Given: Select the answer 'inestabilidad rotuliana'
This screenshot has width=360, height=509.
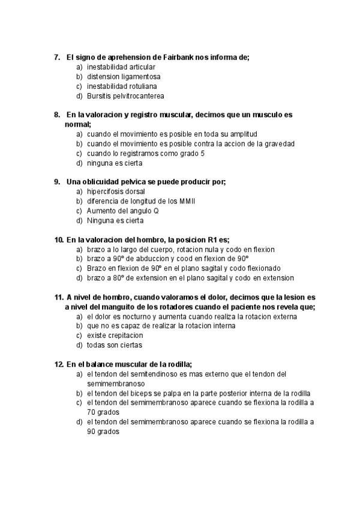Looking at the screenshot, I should [x=122, y=86].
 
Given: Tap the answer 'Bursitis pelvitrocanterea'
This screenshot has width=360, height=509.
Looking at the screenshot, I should [x=125, y=95].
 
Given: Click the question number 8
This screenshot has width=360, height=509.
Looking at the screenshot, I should [x=57, y=114].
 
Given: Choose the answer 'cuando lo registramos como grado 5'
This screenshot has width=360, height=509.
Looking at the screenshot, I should [x=146, y=153].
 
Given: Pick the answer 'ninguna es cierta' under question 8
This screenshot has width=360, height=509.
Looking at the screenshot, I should [x=115, y=163].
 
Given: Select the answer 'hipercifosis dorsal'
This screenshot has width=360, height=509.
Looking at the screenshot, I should [x=116, y=191].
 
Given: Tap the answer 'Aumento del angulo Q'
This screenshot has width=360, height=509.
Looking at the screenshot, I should [x=122, y=211].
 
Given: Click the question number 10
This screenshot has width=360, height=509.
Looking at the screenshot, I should [x=59, y=239].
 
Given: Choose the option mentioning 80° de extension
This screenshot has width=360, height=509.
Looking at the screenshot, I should [x=190, y=278].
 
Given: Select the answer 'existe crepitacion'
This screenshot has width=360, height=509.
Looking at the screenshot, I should [x=115, y=335].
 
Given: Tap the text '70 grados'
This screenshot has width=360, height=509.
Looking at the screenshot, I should [x=103, y=412].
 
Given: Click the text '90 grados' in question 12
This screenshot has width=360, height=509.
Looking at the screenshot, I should [x=103, y=432].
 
